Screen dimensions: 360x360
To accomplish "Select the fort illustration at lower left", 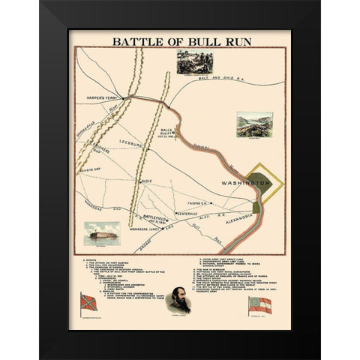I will [101, 233].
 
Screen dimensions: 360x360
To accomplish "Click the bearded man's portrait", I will [180, 298].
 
